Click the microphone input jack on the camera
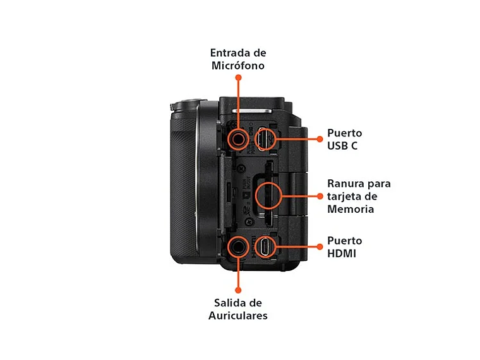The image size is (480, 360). (238, 138)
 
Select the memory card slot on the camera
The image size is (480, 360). (268, 195)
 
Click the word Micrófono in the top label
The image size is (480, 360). (237, 65)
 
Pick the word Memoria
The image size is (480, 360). (351, 209)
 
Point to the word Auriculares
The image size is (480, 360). (237, 315)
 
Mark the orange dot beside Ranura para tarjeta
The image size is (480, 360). (320, 196)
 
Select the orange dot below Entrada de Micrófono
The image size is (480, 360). (238, 77)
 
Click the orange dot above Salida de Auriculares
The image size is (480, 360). (238, 290)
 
